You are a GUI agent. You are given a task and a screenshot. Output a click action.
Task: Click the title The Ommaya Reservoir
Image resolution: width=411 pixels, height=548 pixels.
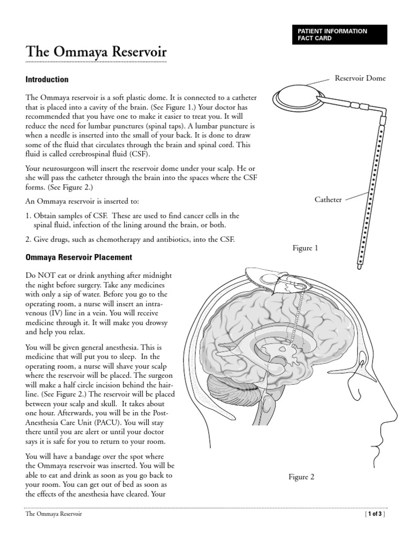96,52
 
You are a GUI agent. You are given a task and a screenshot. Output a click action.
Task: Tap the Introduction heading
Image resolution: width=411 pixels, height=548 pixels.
47,80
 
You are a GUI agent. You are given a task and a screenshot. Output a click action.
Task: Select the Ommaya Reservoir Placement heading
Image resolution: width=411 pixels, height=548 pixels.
79,257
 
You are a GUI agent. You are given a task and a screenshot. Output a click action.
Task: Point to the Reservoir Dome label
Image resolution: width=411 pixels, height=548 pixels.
360,79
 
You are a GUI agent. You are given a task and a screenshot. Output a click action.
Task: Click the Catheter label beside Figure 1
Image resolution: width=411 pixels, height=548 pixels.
328,200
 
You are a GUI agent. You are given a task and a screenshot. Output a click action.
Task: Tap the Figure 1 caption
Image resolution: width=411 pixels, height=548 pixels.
305,248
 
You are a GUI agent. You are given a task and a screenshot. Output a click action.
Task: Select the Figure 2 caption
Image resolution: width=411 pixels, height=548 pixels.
301,477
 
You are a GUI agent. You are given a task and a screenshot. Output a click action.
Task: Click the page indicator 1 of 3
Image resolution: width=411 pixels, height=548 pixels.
374,514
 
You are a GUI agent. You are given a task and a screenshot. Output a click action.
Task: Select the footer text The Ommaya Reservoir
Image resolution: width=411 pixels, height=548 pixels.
54,514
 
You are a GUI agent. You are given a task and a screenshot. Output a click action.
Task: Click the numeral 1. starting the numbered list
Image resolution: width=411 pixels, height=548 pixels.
29,216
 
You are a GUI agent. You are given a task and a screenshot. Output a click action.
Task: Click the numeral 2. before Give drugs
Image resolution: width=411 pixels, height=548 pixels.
29,239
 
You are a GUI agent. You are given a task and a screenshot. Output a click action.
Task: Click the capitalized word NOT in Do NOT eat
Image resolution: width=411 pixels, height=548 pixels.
45,275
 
